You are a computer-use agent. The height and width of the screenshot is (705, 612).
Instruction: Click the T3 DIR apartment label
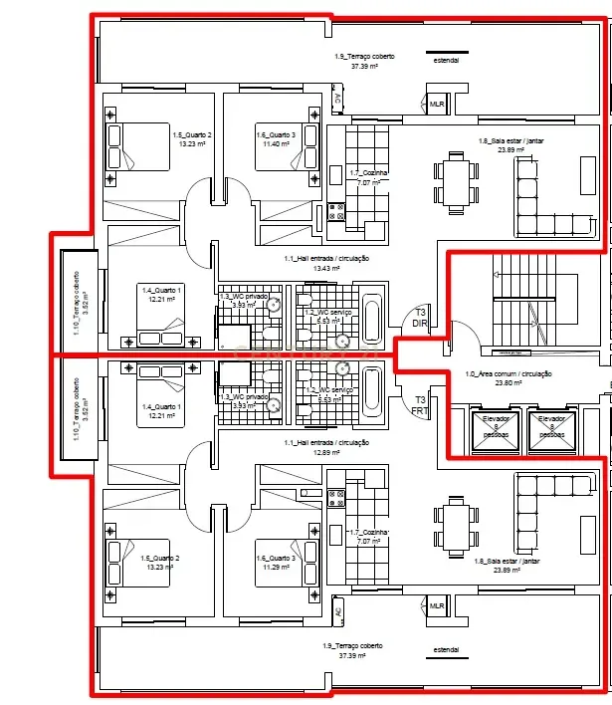419,319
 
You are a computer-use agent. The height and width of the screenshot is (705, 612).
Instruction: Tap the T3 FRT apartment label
419,404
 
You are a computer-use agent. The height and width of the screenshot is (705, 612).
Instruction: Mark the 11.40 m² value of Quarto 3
275,144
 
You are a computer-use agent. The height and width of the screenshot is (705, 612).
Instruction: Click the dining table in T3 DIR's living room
454,183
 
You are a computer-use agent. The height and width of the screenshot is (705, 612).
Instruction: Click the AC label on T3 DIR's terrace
338,100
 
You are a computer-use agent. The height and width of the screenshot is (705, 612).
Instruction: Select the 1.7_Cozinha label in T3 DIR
368,173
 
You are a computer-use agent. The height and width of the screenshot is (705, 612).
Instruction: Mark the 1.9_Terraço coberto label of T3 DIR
364,57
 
